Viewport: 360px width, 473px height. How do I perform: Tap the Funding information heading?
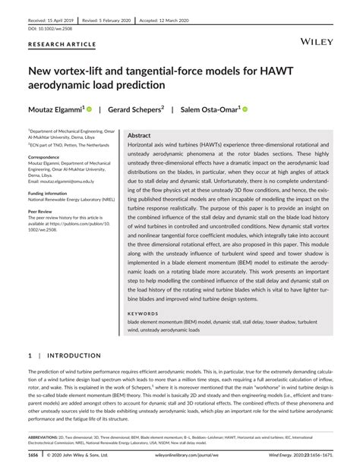[x=50, y=193]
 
